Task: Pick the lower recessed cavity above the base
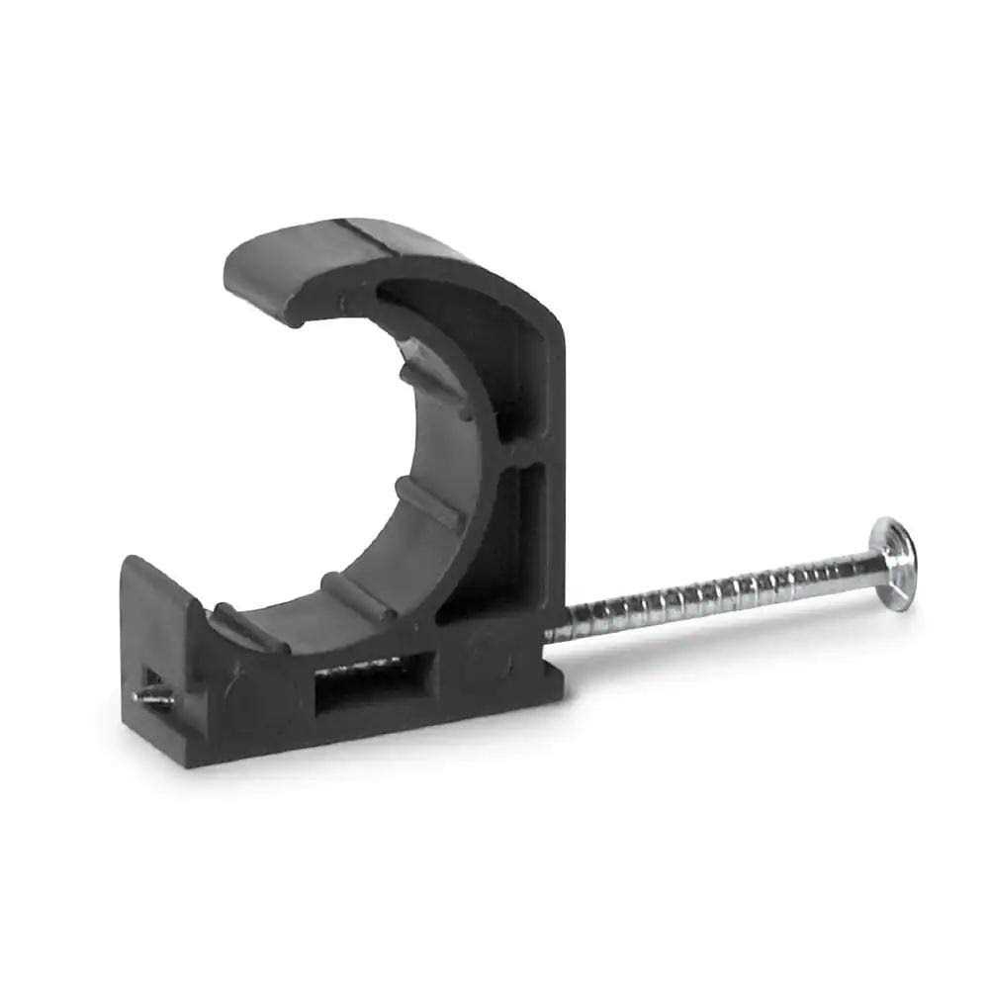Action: click(x=524, y=544)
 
